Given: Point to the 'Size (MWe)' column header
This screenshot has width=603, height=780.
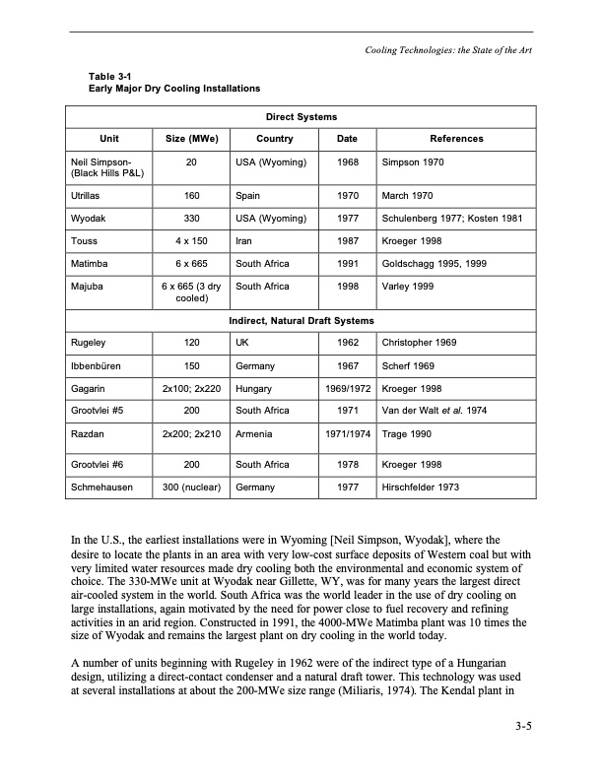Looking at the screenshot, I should click(x=191, y=139).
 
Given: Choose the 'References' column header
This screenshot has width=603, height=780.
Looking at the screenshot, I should click(x=457, y=139).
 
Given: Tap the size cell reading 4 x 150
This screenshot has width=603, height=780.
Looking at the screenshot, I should click(x=191, y=241).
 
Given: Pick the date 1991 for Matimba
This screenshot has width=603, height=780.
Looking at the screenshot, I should click(x=347, y=264).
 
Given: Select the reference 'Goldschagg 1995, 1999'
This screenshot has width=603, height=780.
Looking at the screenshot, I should click(x=433, y=264).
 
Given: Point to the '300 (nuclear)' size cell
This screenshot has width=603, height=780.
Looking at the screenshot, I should click(x=191, y=487).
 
